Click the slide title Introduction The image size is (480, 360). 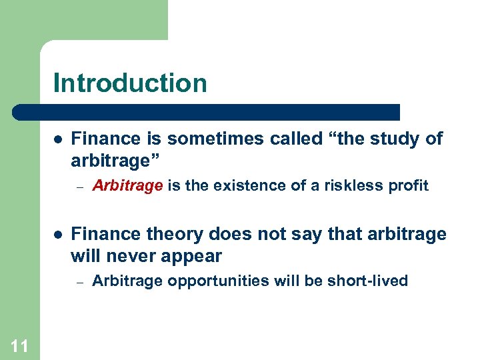tap(130, 83)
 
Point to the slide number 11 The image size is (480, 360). tap(19, 345)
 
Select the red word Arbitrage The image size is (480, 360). tap(127, 186)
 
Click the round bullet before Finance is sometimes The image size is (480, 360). tap(59, 140)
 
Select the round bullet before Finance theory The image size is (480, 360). tap(59, 235)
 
